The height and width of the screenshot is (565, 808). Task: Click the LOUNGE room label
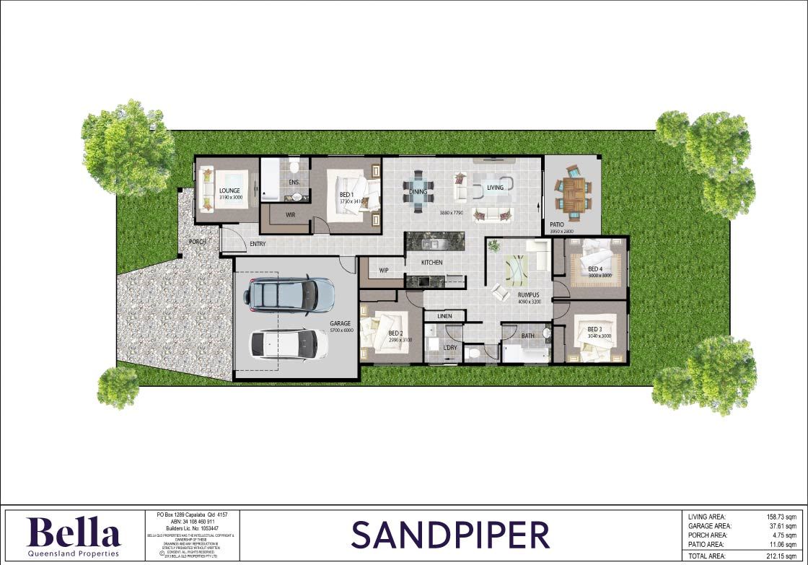[x=229, y=190]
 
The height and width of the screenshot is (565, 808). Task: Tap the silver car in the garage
[x=290, y=294]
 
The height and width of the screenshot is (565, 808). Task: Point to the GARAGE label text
[x=341, y=324]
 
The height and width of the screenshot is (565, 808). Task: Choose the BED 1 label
[x=347, y=195]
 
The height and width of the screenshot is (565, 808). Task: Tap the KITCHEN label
[x=432, y=263]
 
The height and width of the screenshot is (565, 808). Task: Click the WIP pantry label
[x=384, y=271]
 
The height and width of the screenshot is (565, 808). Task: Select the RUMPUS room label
[x=529, y=294]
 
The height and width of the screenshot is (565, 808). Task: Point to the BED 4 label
[x=594, y=269]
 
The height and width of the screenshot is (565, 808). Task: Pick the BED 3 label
[x=594, y=329]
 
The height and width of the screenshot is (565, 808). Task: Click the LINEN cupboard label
[x=444, y=317]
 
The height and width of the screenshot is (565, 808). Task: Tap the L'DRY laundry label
[x=451, y=349]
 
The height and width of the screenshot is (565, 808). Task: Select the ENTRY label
[x=258, y=244]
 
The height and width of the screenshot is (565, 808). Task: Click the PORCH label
[x=198, y=242]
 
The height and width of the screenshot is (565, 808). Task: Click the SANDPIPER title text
[x=450, y=535]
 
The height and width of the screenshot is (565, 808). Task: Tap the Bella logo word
[x=74, y=533]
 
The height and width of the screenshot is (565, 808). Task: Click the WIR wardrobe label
[x=291, y=214]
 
